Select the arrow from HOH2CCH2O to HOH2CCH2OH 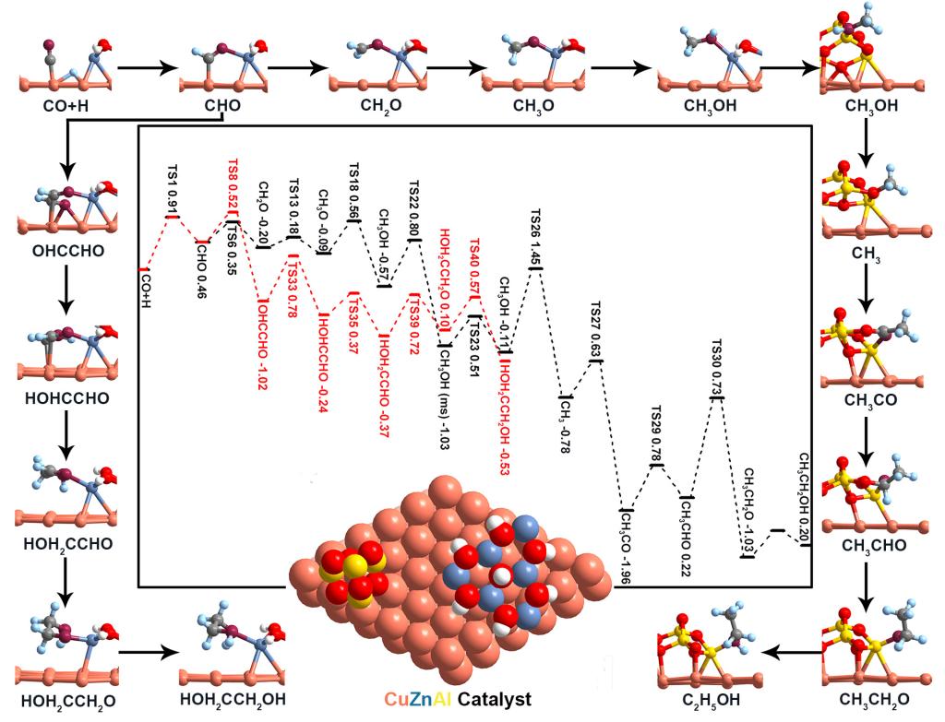pyautogui.click(x=148, y=652)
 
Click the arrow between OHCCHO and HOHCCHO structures pyautogui.click(x=66, y=291)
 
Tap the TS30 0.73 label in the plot pyautogui.click(x=717, y=368)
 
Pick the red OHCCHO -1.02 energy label pyautogui.click(x=264, y=343)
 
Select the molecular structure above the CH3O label pyautogui.click(x=535, y=60)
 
